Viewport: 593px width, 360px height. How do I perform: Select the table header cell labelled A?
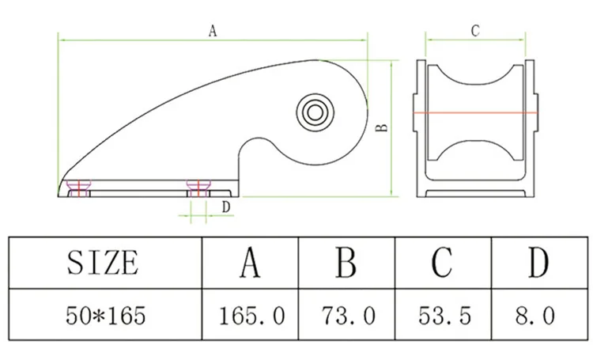coord(250,263)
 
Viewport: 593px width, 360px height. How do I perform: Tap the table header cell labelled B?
coord(346,263)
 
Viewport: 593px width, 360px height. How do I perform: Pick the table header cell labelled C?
coord(443,263)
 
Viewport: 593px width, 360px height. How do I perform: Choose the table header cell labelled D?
coord(539,263)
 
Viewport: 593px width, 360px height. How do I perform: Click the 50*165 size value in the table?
coord(105,315)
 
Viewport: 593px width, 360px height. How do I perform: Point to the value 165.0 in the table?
coord(251,315)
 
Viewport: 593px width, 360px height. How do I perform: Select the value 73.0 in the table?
coord(349,315)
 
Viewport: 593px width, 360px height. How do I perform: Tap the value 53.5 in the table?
coord(444,315)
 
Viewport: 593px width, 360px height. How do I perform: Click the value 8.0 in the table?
coord(534,315)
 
